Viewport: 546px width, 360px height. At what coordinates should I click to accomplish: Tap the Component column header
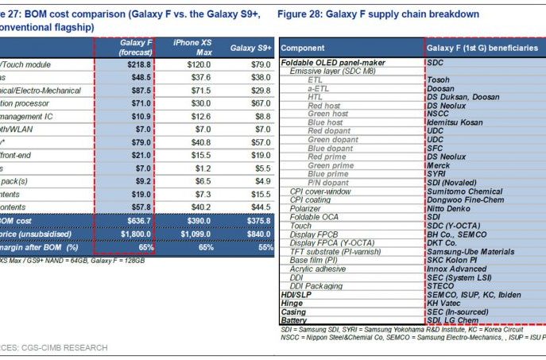[x=303, y=48]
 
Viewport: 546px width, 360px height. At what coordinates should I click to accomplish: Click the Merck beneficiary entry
[x=440, y=165]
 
